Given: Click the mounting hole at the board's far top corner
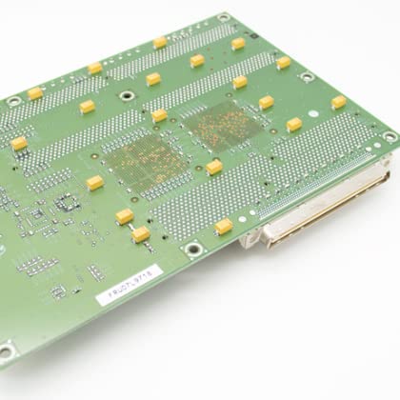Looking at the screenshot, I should (223, 18).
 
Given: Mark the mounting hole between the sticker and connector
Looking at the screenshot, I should (193, 250).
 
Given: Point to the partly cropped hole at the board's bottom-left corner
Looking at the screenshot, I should (4, 352).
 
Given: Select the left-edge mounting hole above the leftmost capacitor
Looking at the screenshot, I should (13, 99).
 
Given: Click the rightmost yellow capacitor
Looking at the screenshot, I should (338, 102).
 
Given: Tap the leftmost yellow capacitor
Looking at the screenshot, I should (19, 144).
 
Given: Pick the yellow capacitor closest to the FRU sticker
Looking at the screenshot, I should (140, 233).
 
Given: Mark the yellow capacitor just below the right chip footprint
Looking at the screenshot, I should (214, 167).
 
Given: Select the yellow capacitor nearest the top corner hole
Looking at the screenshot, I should (237, 43).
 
